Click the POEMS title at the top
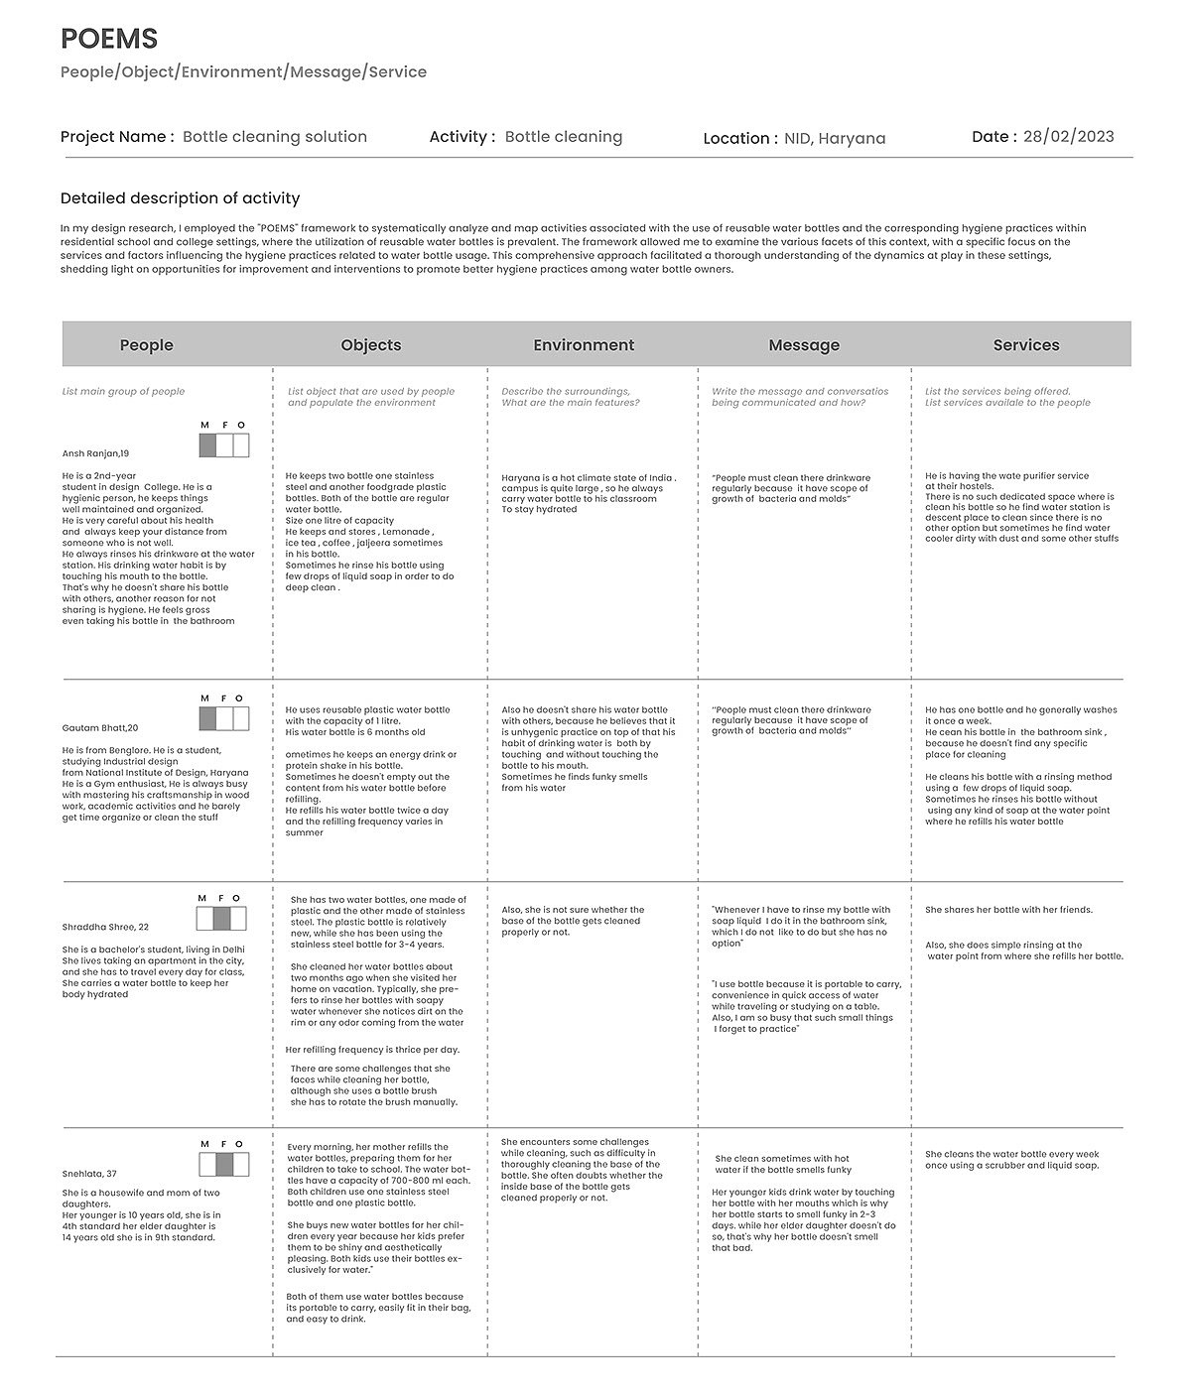(x=109, y=39)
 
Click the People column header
(x=146, y=345)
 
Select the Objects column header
(x=370, y=345)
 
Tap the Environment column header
(x=584, y=345)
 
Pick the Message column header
(x=804, y=345)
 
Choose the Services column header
(x=1026, y=345)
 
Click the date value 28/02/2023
(x=1068, y=137)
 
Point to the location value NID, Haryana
(x=835, y=139)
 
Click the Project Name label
(x=117, y=137)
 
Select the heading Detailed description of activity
(x=180, y=198)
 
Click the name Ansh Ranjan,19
(x=95, y=453)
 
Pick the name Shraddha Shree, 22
(x=105, y=927)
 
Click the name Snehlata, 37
(x=89, y=1174)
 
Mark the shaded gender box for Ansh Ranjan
(x=207, y=446)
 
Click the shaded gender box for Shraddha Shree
(x=223, y=920)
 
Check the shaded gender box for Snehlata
(x=224, y=1165)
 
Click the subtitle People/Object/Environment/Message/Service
(x=243, y=72)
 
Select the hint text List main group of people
(x=123, y=392)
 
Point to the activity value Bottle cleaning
(x=563, y=137)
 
